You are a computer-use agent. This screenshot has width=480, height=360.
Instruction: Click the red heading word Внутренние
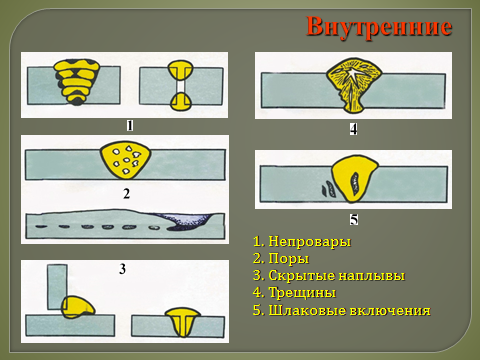tap(379, 27)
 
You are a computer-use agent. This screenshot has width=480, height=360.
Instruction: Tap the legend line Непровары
tap(302, 241)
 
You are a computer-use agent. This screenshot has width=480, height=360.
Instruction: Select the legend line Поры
tap(281, 258)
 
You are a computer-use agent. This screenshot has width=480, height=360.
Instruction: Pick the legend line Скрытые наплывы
tap(329, 275)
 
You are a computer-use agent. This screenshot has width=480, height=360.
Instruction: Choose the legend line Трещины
tap(294, 292)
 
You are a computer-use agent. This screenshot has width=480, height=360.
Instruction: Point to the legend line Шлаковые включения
tap(342, 310)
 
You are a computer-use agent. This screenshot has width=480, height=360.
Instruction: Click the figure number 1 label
tap(130, 126)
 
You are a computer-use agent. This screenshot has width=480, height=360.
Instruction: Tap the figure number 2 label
tap(126, 193)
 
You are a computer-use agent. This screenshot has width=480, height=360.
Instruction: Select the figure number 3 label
tap(123, 269)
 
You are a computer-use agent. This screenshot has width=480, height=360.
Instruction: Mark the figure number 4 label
tap(354, 129)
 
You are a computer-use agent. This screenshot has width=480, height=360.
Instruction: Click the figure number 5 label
tap(354, 219)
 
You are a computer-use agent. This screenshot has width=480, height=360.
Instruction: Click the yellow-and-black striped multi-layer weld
tap(77, 82)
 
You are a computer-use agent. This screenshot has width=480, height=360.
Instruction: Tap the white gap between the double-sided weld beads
tap(180, 86)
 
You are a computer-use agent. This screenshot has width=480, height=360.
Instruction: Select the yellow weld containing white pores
tap(125, 160)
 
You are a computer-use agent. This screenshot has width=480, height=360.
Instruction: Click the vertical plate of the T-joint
tap(57, 287)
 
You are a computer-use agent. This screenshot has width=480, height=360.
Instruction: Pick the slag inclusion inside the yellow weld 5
tap(355, 184)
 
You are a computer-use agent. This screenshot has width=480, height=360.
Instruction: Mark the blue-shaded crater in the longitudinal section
tap(190, 221)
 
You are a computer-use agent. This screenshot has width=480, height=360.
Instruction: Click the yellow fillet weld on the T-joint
tap(78, 307)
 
